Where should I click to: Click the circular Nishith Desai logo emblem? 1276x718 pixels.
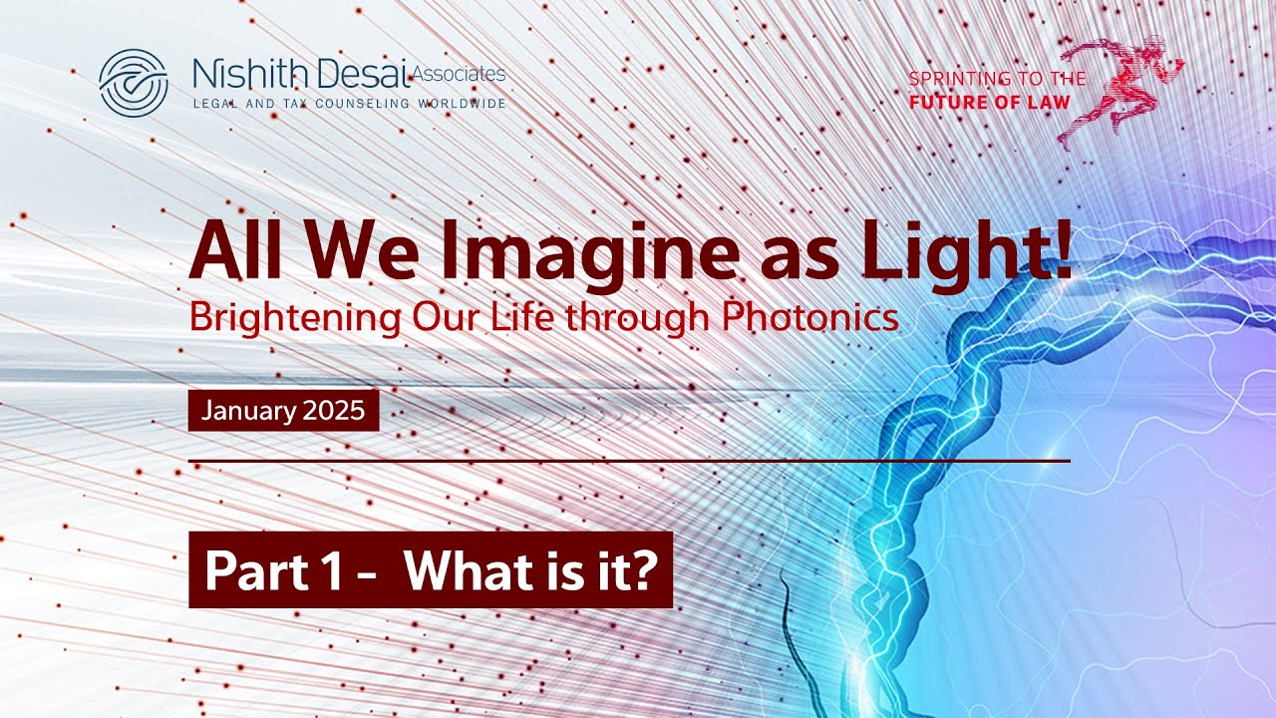click(x=134, y=82)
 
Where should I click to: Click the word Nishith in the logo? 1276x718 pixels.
click(x=237, y=75)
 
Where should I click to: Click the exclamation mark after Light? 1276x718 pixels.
click(x=1062, y=253)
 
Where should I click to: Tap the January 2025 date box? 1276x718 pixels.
click(x=283, y=411)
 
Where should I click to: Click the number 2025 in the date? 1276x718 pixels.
click(x=333, y=411)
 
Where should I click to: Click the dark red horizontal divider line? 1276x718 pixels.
click(x=628, y=461)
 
